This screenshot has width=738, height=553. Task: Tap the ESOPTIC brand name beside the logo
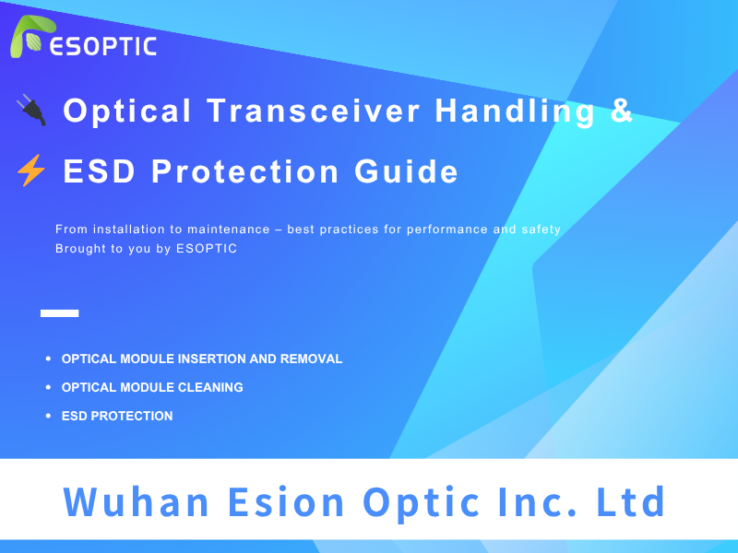click(103, 46)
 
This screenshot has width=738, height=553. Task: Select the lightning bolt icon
click(30, 171)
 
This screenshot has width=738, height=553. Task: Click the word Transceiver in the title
click(314, 111)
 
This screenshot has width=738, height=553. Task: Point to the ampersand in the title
click(623, 111)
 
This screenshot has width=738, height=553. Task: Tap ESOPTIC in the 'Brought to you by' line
click(206, 249)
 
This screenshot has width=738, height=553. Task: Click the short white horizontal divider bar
click(59, 313)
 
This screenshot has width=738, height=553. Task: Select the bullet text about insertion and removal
click(202, 359)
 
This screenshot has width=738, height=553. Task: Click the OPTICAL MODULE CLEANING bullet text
click(152, 387)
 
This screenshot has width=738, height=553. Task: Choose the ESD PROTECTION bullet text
click(117, 416)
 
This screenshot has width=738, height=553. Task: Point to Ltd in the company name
click(630, 502)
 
